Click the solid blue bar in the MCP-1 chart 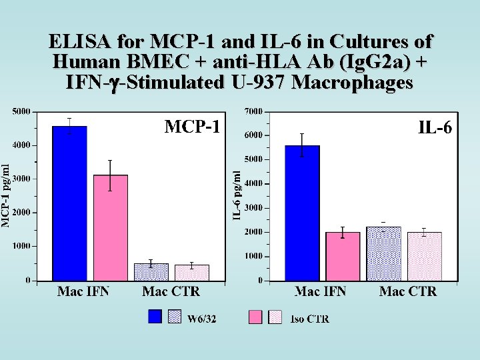pos(69,203)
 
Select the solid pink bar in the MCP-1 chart pos(111,227)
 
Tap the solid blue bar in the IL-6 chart pos(302,213)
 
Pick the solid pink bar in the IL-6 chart pos(343,256)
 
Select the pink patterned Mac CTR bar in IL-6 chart pos(424,256)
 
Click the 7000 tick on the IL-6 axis pos(253,111)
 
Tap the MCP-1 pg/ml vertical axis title pos(5,195)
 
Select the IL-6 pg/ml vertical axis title pos(237,193)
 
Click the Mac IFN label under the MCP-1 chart pos(83,291)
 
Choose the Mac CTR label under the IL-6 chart pos(408,291)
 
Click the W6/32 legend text pos(201,319)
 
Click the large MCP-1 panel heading pos(192,126)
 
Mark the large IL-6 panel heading pos(435,126)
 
